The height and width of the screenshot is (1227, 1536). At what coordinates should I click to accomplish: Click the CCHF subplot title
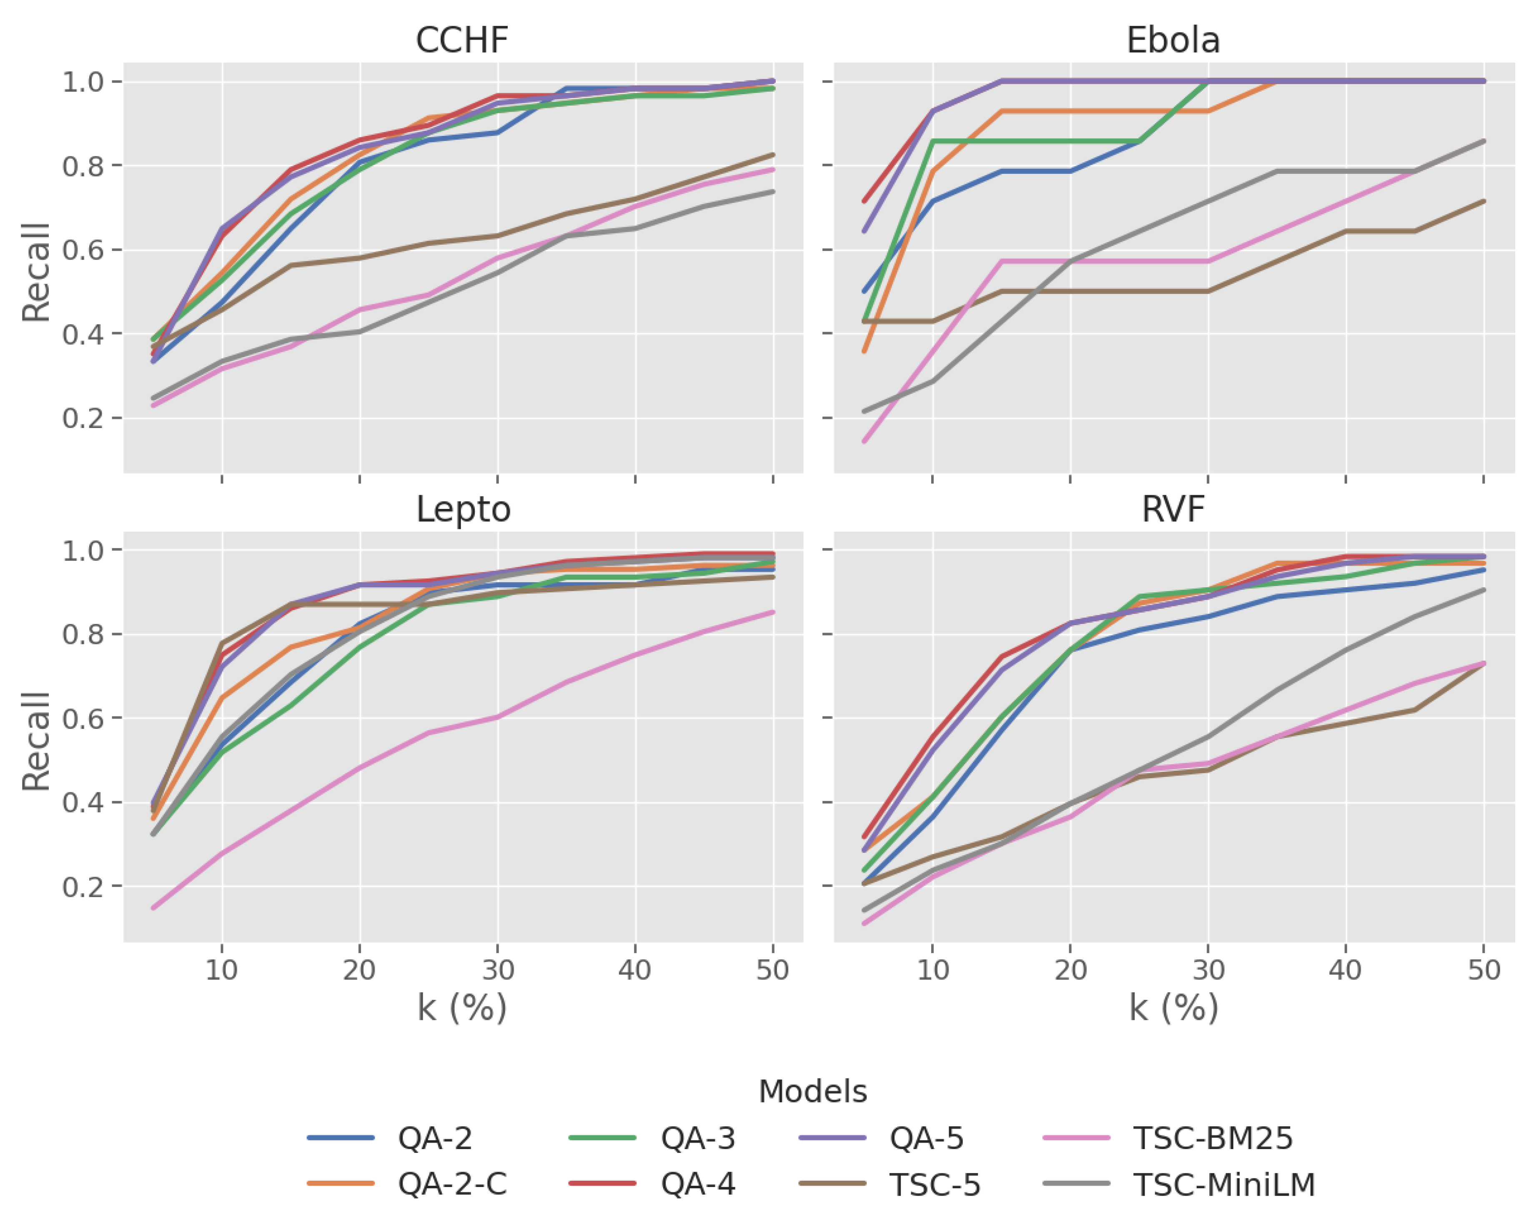coord(462,40)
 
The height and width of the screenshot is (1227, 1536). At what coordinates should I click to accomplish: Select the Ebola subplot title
coord(1173,40)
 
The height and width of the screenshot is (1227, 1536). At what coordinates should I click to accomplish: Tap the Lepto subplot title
coord(463,509)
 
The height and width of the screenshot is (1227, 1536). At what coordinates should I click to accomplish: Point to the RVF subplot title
coord(1173,509)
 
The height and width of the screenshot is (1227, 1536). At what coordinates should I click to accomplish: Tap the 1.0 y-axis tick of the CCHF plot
coord(83,81)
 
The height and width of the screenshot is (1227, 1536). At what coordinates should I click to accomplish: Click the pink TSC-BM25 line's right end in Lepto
coord(773,612)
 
